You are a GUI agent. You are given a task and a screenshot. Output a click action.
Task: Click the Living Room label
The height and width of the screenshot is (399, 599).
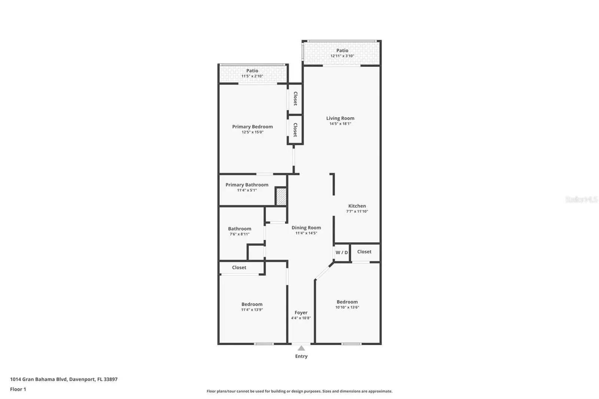(x=340, y=118)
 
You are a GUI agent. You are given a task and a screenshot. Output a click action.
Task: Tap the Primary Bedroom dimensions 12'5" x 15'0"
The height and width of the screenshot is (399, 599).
(x=252, y=132)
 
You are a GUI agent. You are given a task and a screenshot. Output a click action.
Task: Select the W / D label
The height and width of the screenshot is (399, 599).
(x=342, y=252)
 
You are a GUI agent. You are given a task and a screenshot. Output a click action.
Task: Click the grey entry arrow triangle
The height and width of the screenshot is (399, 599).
(x=301, y=348)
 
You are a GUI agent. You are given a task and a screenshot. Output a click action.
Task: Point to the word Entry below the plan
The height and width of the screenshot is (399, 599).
(x=301, y=356)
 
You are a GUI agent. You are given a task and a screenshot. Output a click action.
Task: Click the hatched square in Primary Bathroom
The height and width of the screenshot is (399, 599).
(x=281, y=197)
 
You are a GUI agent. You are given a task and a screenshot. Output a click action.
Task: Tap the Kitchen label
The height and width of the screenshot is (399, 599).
(x=357, y=206)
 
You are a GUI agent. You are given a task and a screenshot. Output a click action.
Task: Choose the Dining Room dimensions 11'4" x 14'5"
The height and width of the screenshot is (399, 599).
(x=306, y=233)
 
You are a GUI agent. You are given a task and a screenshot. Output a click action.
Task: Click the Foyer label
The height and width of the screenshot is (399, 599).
(x=301, y=313)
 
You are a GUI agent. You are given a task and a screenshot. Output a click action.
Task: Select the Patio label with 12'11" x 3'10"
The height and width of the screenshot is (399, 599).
(x=342, y=51)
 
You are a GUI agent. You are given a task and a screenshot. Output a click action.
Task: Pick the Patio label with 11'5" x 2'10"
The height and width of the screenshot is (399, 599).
(x=252, y=71)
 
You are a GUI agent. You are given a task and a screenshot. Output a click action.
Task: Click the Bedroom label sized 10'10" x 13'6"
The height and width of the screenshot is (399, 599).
(x=347, y=302)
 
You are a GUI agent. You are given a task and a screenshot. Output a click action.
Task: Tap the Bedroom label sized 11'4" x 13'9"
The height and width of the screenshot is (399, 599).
(x=252, y=304)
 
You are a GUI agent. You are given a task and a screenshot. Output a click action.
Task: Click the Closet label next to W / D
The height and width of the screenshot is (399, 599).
(x=364, y=252)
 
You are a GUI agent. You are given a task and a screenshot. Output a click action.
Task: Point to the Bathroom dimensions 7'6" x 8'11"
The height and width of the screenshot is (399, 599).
(x=240, y=234)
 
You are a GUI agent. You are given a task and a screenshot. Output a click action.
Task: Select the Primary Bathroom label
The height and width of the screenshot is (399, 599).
(x=247, y=185)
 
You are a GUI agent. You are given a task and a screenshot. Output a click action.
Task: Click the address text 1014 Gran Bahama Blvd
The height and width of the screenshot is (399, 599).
(x=39, y=379)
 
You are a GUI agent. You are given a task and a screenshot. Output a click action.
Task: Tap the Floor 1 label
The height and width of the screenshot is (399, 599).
(x=18, y=389)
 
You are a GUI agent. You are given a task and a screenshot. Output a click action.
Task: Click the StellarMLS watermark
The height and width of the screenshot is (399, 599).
(x=582, y=199)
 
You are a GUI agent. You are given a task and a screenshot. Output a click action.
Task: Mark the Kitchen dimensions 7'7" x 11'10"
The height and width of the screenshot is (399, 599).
(x=357, y=211)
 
